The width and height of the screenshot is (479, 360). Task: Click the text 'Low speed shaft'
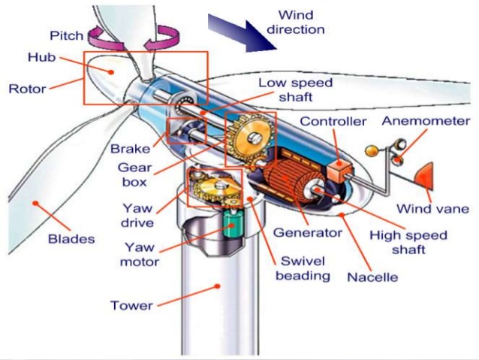tap(294, 89)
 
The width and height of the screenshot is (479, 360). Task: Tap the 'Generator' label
tap(307, 232)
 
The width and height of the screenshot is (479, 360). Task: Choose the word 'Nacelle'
tap(372, 277)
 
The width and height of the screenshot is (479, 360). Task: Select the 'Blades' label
tap(71, 239)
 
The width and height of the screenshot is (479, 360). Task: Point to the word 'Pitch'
tap(67, 36)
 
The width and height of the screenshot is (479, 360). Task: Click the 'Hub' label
tap(39, 57)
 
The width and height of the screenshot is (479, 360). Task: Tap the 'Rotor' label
tap(26, 89)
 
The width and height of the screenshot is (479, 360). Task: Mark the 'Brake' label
tap(129, 148)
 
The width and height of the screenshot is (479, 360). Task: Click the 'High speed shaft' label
tap(408, 242)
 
